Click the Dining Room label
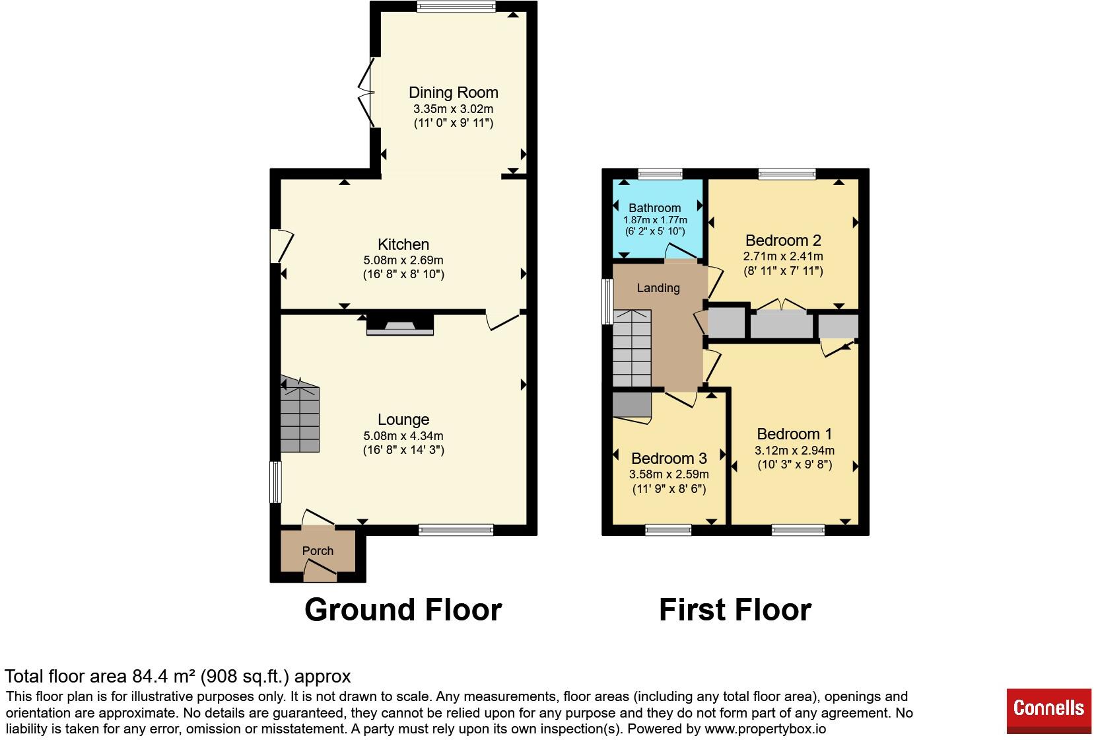(x=453, y=92)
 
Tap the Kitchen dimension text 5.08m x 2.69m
(x=403, y=260)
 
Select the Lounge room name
(x=403, y=420)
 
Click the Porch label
(x=318, y=551)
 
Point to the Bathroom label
(x=654, y=207)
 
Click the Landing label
(x=658, y=288)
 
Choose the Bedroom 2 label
(x=783, y=240)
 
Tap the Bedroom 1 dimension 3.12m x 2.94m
(x=795, y=451)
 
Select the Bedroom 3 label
(x=669, y=459)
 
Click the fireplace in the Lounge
(x=400, y=324)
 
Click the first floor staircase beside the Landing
(x=632, y=348)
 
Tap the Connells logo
(x=1048, y=710)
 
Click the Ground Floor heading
(x=403, y=610)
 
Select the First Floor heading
(x=735, y=610)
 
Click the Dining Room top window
(x=456, y=7)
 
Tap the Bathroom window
(x=660, y=174)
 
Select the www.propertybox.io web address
(x=765, y=729)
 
